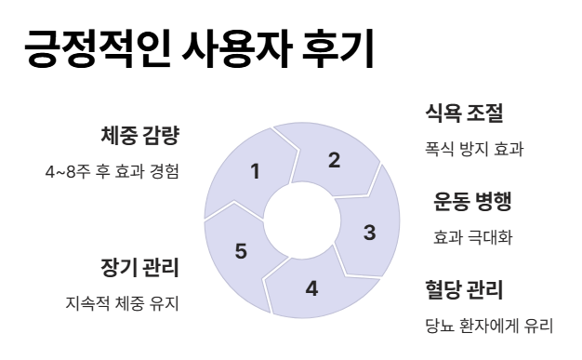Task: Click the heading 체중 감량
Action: tap(139, 136)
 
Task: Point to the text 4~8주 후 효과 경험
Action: tap(112, 172)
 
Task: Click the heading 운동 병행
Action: tap(473, 201)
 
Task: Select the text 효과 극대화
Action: tap(473, 237)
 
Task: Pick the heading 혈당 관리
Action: tap(464, 289)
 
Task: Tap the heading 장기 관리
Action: tap(139, 268)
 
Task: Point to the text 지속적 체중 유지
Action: tap(122, 304)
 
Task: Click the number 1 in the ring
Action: tap(256, 170)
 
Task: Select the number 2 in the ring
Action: tap(334, 160)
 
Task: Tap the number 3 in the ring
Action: tap(369, 233)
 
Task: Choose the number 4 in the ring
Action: tap(311, 287)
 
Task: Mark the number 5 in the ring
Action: tap(241, 251)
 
